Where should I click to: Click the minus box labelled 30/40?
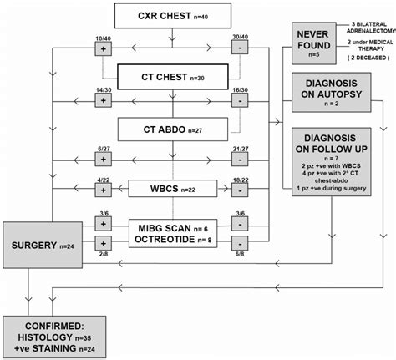click(241, 48)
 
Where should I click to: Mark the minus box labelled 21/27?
click(241, 160)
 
